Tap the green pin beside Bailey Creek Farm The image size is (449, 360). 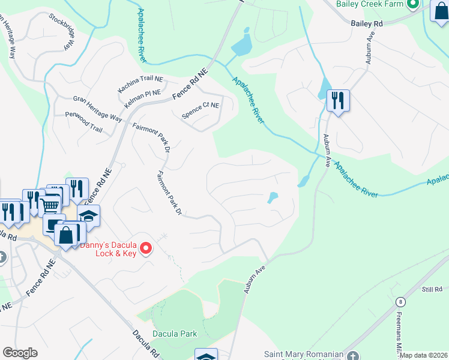[x=412, y=5]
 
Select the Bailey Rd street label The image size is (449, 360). [x=366, y=23]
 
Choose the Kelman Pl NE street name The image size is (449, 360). [x=143, y=98]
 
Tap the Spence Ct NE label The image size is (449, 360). [x=200, y=109]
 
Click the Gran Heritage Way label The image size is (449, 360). [x=97, y=109]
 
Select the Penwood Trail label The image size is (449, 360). [x=83, y=119]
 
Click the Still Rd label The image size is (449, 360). [x=431, y=289]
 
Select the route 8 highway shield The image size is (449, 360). [x=400, y=302]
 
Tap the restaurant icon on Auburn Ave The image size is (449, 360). [x=338, y=100]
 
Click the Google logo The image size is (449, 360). [x=20, y=353]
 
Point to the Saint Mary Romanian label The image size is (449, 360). [x=304, y=354]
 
